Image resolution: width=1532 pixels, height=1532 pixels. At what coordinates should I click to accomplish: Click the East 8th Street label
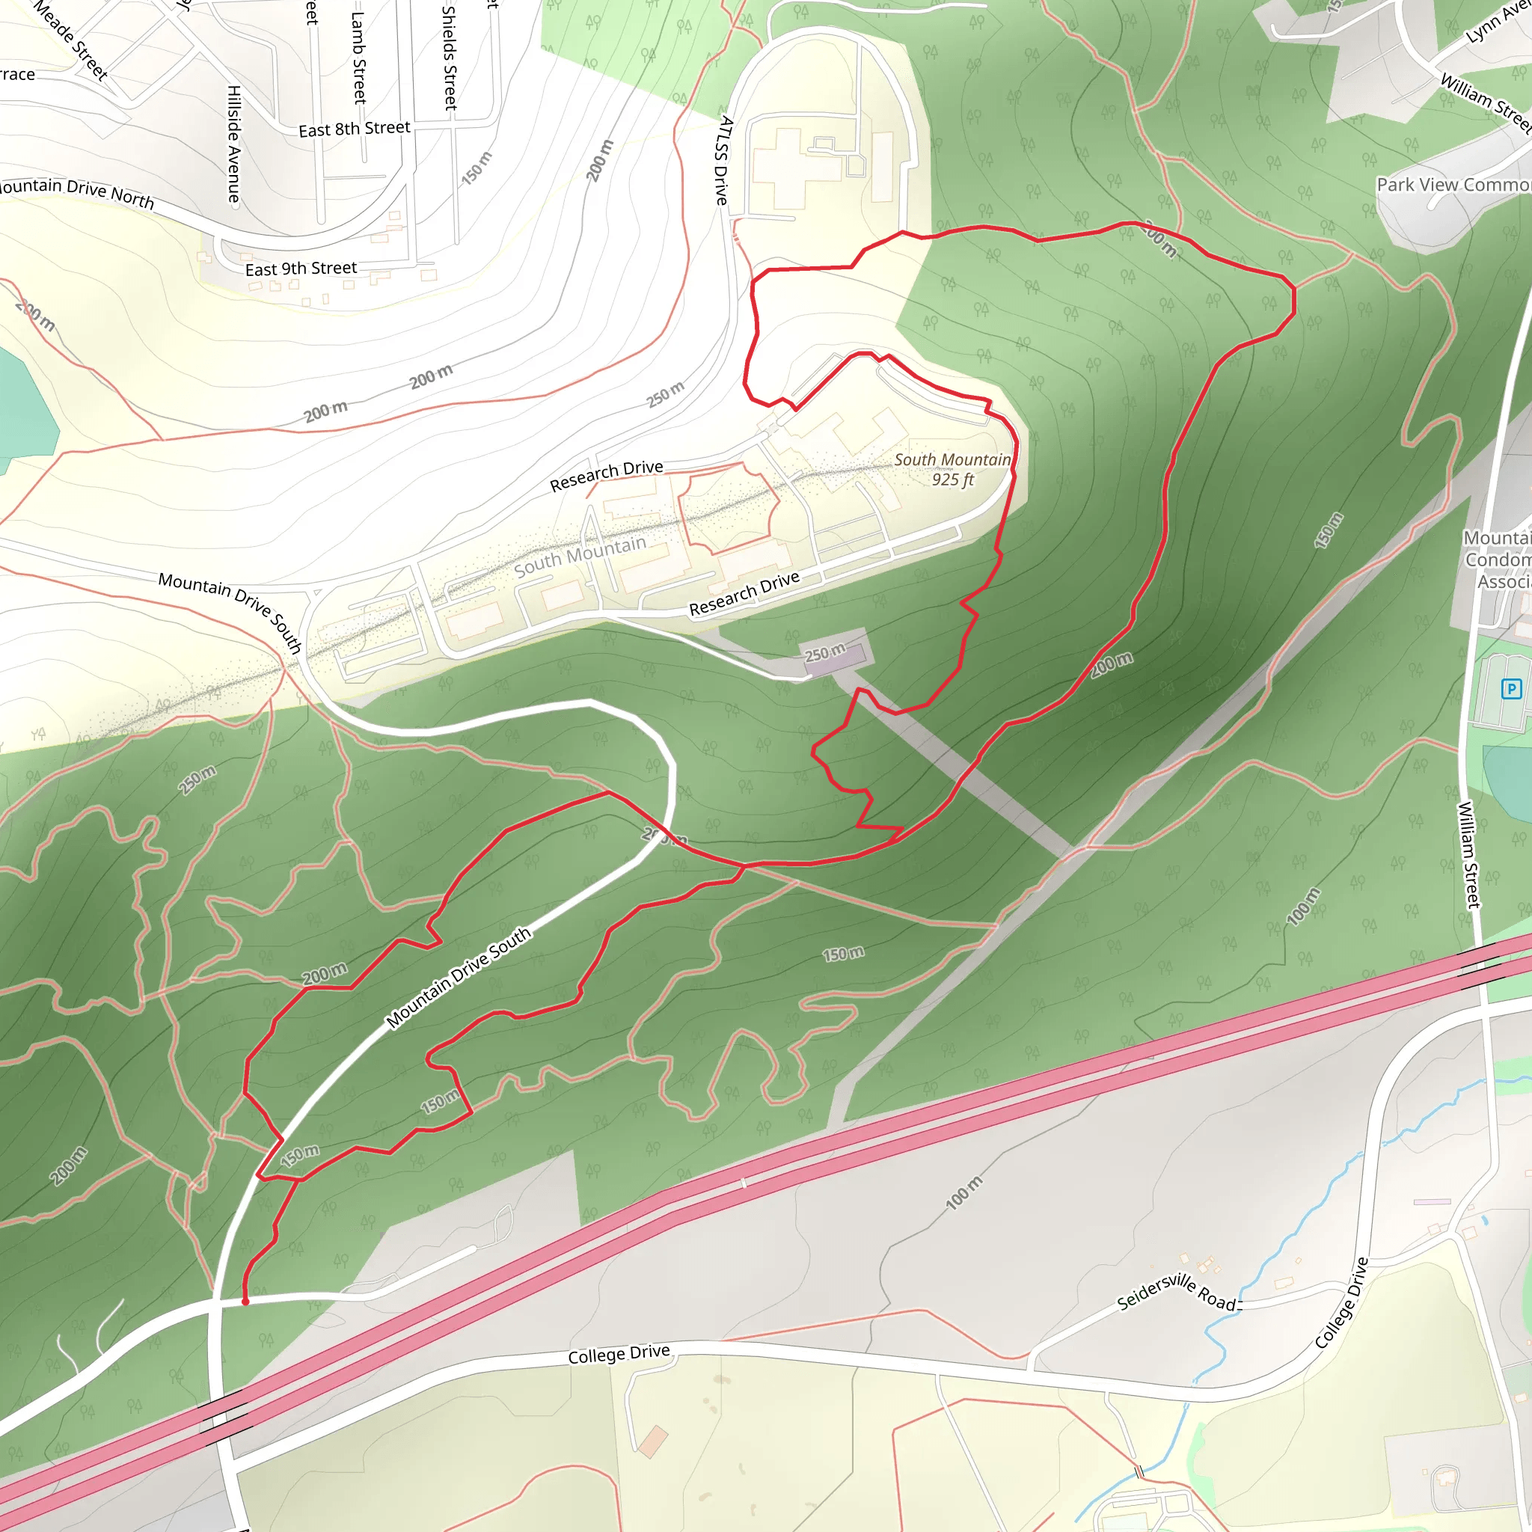click(x=355, y=129)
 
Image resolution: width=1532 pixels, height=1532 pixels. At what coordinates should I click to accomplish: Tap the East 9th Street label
click(x=301, y=269)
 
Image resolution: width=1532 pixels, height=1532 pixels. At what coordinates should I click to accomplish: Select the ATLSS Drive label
click(x=723, y=160)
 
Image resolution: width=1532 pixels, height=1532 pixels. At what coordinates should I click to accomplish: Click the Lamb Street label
click(x=359, y=57)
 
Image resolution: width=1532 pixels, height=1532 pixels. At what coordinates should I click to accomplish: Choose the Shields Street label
click(x=450, y=57)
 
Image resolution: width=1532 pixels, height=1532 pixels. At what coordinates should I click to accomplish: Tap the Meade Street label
click(x=70, y=41)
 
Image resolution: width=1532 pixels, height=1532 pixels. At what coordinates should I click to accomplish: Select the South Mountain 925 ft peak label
click(x=952, y=470)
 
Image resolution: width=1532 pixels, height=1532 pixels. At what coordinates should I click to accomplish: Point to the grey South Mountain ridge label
click(x=580, y=556)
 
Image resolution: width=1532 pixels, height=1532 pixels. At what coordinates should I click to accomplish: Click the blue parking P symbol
click(x=1511, y=688)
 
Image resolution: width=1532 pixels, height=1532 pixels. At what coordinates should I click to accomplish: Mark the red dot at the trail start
click(x=245, y=1302)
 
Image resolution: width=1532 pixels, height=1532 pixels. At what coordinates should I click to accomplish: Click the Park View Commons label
click(x=1453, y=185)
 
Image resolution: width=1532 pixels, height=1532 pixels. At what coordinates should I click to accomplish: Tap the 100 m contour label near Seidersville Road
click(x=963, y=1192)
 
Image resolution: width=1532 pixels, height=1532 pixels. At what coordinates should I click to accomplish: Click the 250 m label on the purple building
click(x=824, y=653)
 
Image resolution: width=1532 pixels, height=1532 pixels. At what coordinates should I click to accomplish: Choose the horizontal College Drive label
click(x=619, y=1355)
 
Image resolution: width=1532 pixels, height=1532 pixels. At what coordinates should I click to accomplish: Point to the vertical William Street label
click(x=1468, y=855)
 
